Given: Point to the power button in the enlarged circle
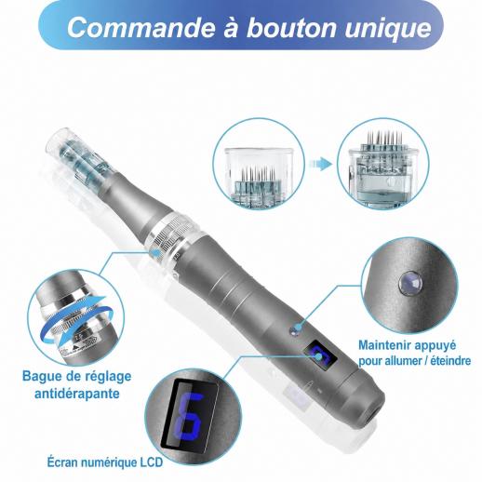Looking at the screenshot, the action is (410, 283).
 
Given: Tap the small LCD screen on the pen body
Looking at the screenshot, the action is (320, 356).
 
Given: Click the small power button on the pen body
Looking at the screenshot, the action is (294, 330).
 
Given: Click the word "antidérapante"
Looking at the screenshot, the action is (77, 394).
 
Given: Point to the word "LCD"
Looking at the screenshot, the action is (150, 462).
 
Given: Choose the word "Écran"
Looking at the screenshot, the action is (61, 462).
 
